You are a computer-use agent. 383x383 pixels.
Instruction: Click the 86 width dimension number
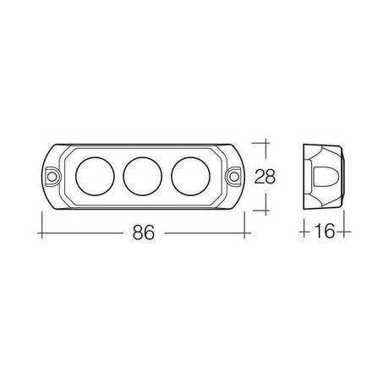click(144, 233)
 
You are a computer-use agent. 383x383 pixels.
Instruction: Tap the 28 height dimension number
click(265, 177)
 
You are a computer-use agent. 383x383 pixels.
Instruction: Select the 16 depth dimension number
click(324, 231)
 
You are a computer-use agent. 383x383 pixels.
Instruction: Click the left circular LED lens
click(96, 177)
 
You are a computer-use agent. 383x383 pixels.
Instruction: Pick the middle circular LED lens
click(143, 177)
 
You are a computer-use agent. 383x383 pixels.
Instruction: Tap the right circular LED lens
click(190, 177)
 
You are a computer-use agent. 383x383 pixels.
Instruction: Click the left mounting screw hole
click(52, 177)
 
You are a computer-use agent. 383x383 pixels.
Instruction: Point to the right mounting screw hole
click(233, 177)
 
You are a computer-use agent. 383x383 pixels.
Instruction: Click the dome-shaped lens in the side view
click(324, 177)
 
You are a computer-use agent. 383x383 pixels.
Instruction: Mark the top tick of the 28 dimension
click(265, 143)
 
